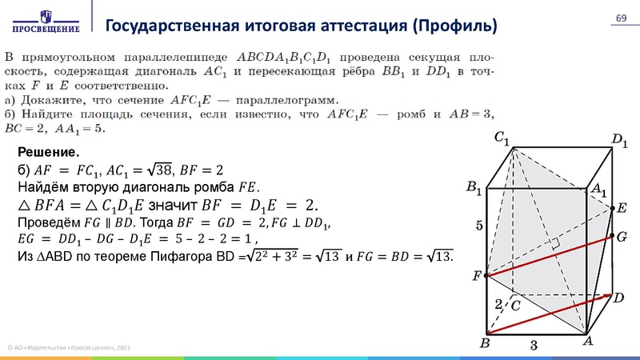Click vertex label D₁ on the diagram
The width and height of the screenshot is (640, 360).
pos(619,142)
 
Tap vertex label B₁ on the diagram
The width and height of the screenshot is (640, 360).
pos(474,189)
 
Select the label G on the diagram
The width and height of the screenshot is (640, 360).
pos(621,237)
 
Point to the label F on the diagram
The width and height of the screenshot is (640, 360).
pos(477,276)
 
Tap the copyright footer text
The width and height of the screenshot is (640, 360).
pos(69,346)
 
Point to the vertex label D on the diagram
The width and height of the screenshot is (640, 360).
pos(618,297)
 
